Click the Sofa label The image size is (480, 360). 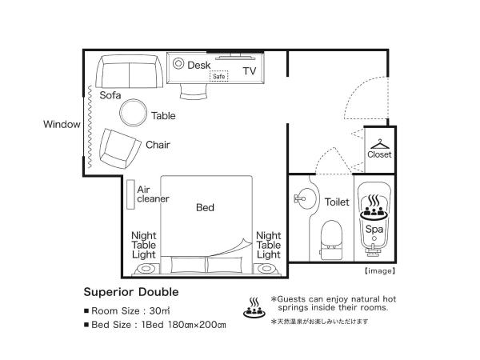[x=110, y=94]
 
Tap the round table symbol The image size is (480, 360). [x=134, y=112]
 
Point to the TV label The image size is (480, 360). [x=250, y=71]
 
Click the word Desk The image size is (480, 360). [x=198, y=66]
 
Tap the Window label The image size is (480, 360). [x=62, y=125]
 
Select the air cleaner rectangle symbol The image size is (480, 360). [x=129, y=194]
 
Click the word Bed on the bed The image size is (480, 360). [x=206, y=207]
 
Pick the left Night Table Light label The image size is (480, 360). [x=144, y=245]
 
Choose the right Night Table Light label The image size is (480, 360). [x=268, y=245]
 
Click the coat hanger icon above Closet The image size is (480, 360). [x=379, y=142]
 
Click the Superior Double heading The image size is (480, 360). [x=131, y=292]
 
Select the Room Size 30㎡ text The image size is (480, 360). [x=126, y=310]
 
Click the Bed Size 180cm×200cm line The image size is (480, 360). [x=155, y=325]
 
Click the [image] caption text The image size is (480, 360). [x=379, y=270]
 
